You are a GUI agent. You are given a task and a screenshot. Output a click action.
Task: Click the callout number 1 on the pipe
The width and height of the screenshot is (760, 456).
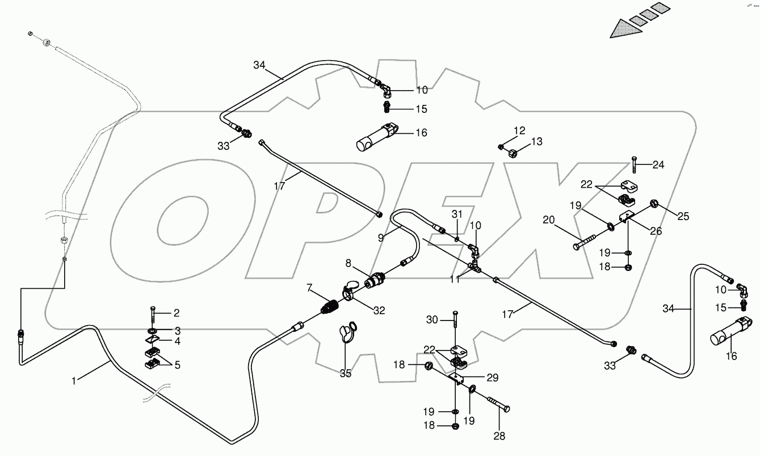click(x=73, y=381)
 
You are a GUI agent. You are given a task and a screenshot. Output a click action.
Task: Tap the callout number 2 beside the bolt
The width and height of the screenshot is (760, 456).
click(x=177, y=313)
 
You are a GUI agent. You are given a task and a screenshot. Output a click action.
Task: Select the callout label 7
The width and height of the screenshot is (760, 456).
click(x=309, y=289)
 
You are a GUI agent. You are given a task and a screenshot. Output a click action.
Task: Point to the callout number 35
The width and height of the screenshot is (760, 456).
click(x=346, y=374)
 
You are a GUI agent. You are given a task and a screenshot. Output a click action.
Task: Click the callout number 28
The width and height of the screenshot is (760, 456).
click(x=499, y=436)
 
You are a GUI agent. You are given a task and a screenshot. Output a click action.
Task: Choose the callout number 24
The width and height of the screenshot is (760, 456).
click(x=658, y=165)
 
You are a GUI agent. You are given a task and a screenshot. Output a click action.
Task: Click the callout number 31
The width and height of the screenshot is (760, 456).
click(x=458, y=214)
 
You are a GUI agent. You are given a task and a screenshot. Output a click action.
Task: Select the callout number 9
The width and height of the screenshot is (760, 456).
click(x=381, y=238)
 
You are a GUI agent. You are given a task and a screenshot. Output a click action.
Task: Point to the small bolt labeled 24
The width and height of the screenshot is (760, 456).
click(x=634, y=166)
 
